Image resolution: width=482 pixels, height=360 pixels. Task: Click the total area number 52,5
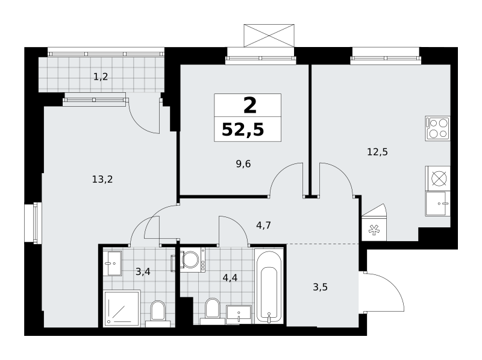pyautogui.click(x=243, y=130)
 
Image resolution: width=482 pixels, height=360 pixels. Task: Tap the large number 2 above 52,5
pyautogui.click(x=250, y=106)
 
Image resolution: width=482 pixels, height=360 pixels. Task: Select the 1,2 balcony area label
pyautogui.click(x=101, y=77)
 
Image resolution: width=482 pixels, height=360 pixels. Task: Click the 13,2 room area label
pyautogui.click(x=102, y=179)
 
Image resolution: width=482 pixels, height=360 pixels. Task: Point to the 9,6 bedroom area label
pyautogui.click(x=243, y=164)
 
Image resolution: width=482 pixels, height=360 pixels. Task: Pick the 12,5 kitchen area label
pyautogui.click(x=378, y=152)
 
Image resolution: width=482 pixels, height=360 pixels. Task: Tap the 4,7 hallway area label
pyautogui.click(x=263, y=226)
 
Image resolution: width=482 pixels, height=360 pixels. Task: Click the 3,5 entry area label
pyautogui.click(x=320, y=288)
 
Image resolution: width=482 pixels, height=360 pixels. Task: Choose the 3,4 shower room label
pyautogui.click(x=143, y=272)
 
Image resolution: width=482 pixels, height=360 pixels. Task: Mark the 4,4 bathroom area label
pyautogui.click(x=230, y=278)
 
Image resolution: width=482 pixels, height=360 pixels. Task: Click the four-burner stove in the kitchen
pyautogui.click(x=438, y=128)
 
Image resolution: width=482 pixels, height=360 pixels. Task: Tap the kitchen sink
pyautogui.click(x=438, y=203)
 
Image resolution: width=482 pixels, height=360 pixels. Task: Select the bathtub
pyautogui.click(x=269, y=286)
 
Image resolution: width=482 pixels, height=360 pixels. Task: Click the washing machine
pyautogui.click(x=193, y=260)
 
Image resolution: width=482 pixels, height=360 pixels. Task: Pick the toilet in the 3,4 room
pyautogui.click(x=158, y=314)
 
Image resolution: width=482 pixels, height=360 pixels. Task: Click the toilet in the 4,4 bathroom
pyautogui.click(x=213, y=311)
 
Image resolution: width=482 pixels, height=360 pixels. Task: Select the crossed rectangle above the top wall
pyautogui.click(x=269, y=36)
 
